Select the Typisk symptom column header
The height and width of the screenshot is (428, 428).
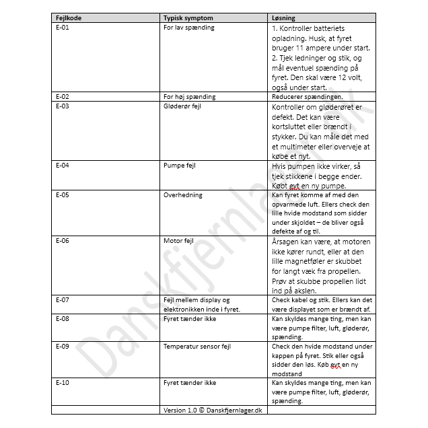[x=188, y=17]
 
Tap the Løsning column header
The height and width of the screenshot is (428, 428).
[x=283, y=17]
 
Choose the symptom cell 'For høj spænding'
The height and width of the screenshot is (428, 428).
[x=189, y=97]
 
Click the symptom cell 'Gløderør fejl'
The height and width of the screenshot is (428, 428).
[x=184, y=106]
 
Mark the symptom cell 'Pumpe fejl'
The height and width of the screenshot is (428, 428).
[x=180, y=164]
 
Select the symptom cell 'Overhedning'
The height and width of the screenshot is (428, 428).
[x=183, y=195]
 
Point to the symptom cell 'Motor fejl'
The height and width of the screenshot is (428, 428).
[x=179, y=240]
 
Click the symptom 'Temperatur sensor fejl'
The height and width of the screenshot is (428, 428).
[x=197, y=347]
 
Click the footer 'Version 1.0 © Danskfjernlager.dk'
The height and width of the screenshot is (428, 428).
[x=213, y=410]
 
